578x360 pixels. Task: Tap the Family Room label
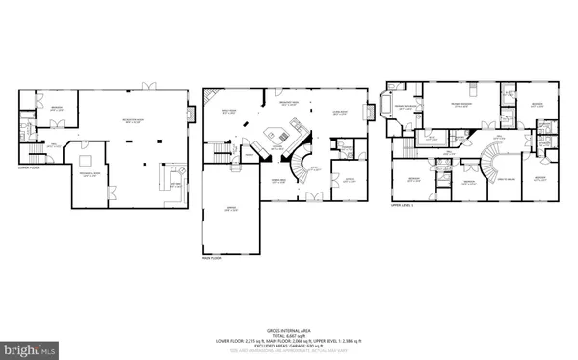(x=227, y=113)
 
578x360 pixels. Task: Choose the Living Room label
(x=339, y=111)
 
